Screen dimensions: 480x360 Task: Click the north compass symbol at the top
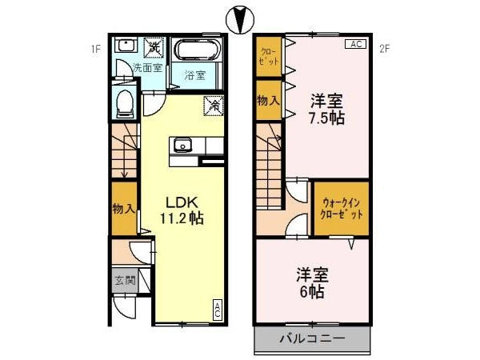click(x=240, y=20)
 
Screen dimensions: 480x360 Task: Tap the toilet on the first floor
click(x=126, y=103)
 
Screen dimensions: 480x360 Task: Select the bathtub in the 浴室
click(x=197, y=50)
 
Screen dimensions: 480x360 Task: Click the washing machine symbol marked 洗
click(x=154, y=47)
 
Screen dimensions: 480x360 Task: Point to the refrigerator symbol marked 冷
click(x=214, y=106)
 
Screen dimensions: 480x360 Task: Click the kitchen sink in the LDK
click(x=183, y=145)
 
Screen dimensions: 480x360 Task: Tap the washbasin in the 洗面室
click(x=126, y=46)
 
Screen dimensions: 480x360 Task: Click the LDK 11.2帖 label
click(x=182, y=210)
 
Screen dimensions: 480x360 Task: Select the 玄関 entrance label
click(x=125, y=280)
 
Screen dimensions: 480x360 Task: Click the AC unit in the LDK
click(x=217, y=310)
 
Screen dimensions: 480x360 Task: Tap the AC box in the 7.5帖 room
click(x=356, y=44)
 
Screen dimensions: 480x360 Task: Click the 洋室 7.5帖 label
click(x=326, y=110)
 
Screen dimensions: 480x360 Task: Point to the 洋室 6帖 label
click(x=312, y=283)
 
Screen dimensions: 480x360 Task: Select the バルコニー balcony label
click(x=312, y=338)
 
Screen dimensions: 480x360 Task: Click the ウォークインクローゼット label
click(x=342, y=209)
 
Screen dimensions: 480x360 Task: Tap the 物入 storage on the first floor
click(x=124, y=209)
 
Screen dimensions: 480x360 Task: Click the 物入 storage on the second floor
click(x=269, y=100)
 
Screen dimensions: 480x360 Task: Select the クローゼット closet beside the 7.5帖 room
click(x=269, y=57)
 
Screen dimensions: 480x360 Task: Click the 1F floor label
click(x=96, y=49)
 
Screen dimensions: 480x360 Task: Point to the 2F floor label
click(x=385, y=49)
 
